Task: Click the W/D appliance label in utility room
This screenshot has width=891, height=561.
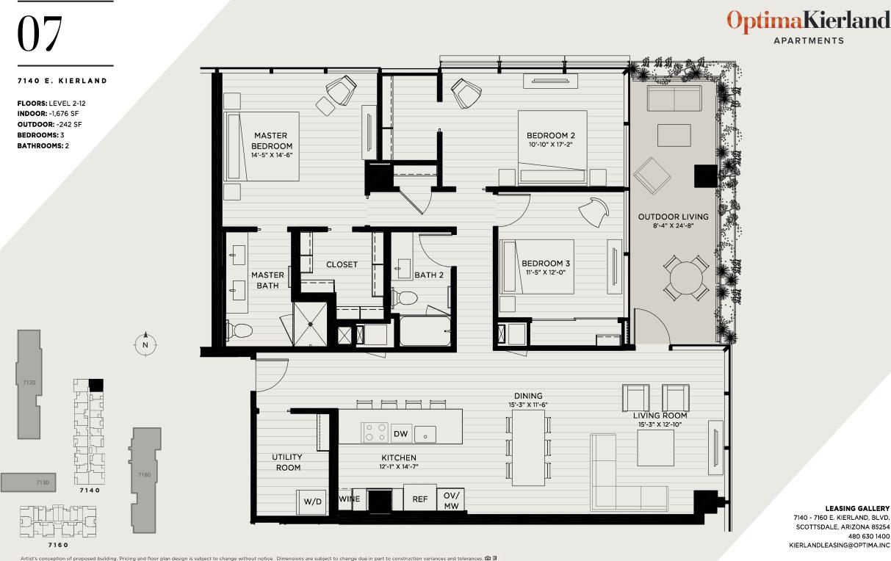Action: (313, 502)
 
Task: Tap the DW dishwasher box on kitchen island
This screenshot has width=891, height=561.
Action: (400, 434)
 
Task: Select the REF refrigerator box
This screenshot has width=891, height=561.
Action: (419, 499)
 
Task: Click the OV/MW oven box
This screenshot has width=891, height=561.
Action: (450, 500)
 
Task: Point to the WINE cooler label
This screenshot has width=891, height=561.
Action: (349, 499)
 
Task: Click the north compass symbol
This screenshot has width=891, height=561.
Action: (145, 344)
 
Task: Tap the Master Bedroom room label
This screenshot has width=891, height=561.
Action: (270, 141)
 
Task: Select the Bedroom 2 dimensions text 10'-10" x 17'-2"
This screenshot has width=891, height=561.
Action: (550, 145)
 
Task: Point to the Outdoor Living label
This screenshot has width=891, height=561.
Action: (673, 217)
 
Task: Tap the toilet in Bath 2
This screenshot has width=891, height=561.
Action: (405, 297)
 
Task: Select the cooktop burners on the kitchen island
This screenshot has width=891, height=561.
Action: (375, 432)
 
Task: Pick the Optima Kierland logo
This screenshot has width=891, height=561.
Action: (808, 22)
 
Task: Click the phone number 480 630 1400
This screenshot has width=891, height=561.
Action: (867, 537)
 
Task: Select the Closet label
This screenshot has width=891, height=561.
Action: (342, 264)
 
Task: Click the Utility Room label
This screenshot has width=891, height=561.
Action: (286, 462)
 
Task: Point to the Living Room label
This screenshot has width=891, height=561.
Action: (660, 416)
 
